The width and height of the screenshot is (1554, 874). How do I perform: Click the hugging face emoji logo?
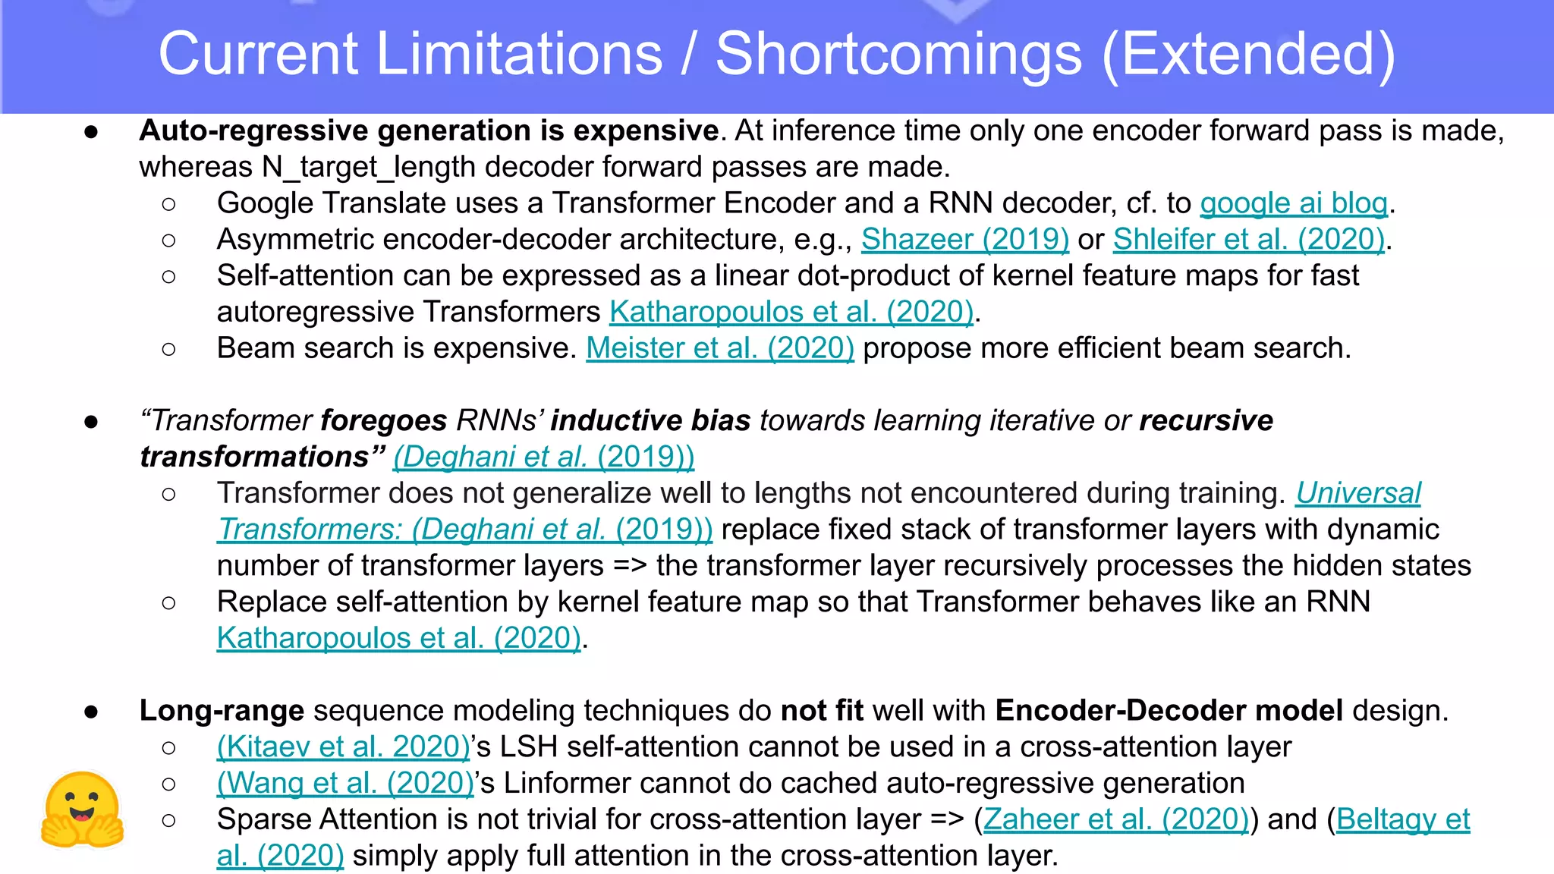[x=82, y=810]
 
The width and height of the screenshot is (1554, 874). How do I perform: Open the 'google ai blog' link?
[x=1294, y=203]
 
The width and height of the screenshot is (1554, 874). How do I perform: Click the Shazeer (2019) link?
[x=964, y=240]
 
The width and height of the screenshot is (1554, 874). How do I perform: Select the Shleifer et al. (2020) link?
[x=1249, y=240]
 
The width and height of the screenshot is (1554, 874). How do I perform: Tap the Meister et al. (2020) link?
[x=720, y=348]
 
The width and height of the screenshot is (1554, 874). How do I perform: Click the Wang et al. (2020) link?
[x=345, y=783]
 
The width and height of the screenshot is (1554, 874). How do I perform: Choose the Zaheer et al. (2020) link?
[x=1115, y=819]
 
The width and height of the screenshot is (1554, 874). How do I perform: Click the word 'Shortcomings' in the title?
[x=898, y=55]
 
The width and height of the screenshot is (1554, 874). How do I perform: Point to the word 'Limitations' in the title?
[x=520, y=55]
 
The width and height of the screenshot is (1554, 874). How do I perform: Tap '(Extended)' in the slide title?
[x=1248, y=55]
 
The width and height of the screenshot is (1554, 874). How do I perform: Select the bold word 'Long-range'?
[x=222, y=711]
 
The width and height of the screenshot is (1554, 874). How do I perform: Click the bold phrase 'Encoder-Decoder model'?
[x=1169, y=711]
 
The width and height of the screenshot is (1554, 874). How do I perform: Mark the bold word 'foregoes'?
[x=384, y=420]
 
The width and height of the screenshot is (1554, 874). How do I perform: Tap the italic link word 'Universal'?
[x=1357, y=493]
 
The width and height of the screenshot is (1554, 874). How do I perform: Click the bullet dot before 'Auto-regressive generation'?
[x=91, y=132]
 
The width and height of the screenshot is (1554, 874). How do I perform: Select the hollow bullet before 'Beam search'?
[x=168, y=349]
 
